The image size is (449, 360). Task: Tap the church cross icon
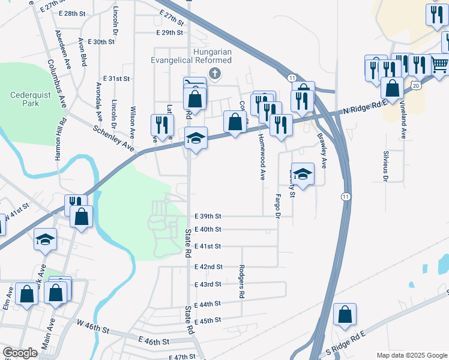click(216, 73)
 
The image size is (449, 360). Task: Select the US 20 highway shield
click(416, 86)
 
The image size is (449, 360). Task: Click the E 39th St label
click(208, 216)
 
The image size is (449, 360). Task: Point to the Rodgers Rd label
click(242, 282)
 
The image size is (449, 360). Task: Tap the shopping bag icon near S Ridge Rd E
click(345, 314)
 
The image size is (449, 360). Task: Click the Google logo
click(20, 353)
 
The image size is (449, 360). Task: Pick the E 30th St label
click(101, 42)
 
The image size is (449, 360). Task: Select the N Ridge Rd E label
click(366, 108)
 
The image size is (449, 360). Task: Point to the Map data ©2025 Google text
click(412, 355)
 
